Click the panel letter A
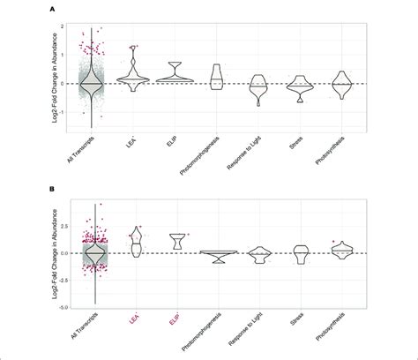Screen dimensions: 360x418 click(54, 8)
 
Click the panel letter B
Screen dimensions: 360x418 click(54, 188)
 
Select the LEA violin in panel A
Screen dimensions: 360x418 click(133, 75)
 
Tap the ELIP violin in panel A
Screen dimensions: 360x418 click(175, 76)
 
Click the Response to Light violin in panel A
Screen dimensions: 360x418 click(258, 87)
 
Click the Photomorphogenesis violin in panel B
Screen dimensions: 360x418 click(216, 257)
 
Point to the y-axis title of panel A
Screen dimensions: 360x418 click(44, 84)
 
